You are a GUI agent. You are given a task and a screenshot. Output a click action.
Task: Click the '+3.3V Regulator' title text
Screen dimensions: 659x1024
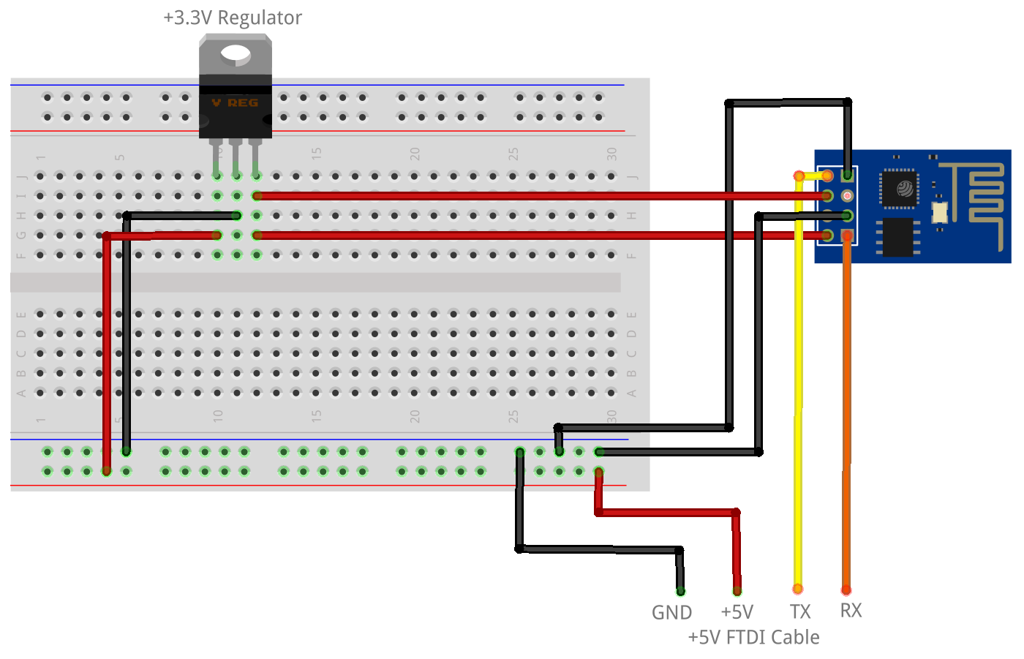click(232, 18)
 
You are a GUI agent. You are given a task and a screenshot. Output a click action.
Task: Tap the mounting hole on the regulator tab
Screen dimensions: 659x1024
click(235, 53)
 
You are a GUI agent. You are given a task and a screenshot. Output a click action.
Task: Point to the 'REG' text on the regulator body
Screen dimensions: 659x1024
click(243, 103)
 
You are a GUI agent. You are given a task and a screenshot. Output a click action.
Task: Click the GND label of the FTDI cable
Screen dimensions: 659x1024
click(671, 613)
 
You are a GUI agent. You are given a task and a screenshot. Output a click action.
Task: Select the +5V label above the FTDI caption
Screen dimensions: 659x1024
click(737, 612)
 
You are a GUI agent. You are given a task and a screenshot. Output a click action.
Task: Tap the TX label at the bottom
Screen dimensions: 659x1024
click(800, 612)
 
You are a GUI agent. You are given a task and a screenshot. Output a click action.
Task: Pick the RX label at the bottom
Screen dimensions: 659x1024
click(851, 611)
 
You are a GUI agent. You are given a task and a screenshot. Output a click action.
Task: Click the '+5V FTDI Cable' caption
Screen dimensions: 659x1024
click(753, 638)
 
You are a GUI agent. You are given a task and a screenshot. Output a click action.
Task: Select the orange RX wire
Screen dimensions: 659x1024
click(847, 410)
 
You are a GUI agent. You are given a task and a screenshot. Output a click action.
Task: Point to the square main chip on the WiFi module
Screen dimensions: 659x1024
click(900, 188)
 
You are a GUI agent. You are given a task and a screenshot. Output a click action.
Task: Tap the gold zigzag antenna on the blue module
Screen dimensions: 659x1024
click(980, 192)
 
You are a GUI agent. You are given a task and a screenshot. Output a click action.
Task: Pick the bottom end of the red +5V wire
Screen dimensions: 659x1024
click(737, 590)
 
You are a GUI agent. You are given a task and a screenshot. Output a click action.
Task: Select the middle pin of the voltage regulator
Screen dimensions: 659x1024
click(236, 157)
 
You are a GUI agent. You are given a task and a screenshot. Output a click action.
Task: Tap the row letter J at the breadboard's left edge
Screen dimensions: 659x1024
click(21, 176)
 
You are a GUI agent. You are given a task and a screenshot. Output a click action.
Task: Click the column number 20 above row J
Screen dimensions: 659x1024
click(415, 154)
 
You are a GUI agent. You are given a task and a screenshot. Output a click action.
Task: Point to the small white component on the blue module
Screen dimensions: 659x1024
click(940, 212)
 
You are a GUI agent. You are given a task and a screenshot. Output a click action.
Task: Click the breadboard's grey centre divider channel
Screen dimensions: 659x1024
click(315, 282)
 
